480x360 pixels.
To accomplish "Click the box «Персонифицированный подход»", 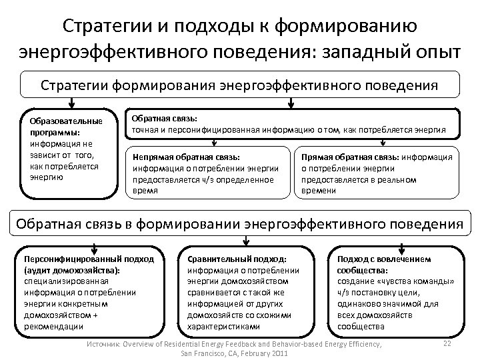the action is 88,291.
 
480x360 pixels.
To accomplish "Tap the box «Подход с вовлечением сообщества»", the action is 396,291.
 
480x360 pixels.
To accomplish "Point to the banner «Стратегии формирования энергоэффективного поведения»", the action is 239,85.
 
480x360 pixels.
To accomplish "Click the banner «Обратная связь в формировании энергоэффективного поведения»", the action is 239,223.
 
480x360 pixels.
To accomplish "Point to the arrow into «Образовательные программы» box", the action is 71,103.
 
